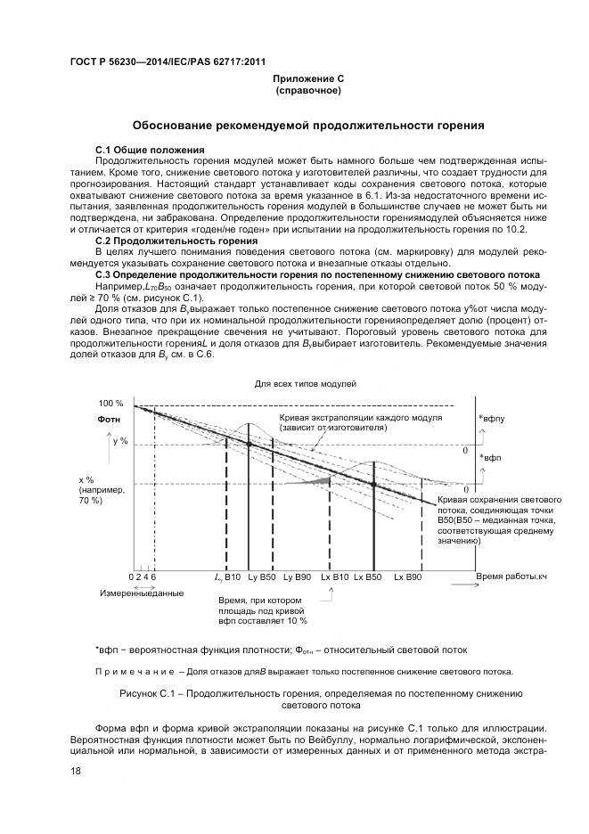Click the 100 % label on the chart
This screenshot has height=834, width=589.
tap(111, 404)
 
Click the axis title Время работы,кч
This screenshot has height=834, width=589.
tap(511, 577)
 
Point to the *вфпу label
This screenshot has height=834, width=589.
tap(491, 418)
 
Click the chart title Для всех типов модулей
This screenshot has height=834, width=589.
tap(306, 384)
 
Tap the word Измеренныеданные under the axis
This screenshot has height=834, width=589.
tap(142, 593)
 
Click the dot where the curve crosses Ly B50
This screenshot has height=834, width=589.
tap(249, 444)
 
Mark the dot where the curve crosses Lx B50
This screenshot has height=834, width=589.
tap(373, 484)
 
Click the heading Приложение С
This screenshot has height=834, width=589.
tap(307, 79)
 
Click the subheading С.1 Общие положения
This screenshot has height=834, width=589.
tap(150, 149)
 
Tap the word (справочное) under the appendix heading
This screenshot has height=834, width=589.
tap(307, 90)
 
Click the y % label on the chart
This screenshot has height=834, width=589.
tap(120, 441)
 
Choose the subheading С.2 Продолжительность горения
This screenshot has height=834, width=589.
tap(170, 241)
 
